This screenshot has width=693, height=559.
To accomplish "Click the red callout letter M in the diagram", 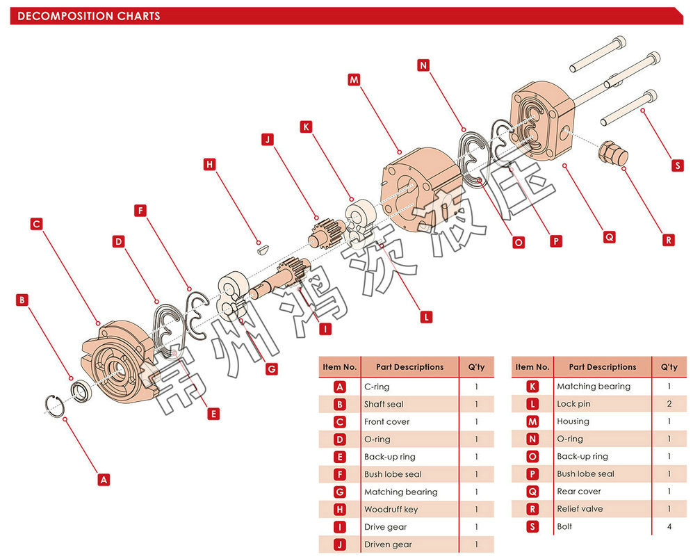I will [354, 80].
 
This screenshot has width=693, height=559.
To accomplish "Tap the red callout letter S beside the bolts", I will [677, 166].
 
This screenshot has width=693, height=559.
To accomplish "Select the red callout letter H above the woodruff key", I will [210, 165].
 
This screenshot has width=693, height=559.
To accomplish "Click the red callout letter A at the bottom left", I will [104, 479].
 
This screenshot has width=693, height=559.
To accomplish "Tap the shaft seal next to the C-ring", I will [81, 390].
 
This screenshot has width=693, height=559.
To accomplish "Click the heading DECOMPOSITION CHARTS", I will [89, 16].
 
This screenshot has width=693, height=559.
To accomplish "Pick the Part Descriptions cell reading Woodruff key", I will [391, 510].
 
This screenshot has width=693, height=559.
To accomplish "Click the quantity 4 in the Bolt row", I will [669, 526].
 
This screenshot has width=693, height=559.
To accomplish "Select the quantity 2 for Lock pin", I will [669, 404].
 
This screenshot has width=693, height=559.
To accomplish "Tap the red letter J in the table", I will [340, 544].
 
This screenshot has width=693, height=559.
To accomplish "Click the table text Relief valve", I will [580, 509].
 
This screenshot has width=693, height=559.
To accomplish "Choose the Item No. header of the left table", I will [340, 367].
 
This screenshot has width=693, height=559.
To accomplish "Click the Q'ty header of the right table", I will [669, 367].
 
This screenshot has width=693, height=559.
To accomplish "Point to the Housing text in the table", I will [573, 421].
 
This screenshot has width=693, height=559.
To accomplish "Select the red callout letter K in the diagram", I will [306, 127].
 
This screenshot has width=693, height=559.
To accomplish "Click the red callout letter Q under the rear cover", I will [609, 236].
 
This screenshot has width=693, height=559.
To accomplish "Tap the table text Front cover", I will [386, 421].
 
